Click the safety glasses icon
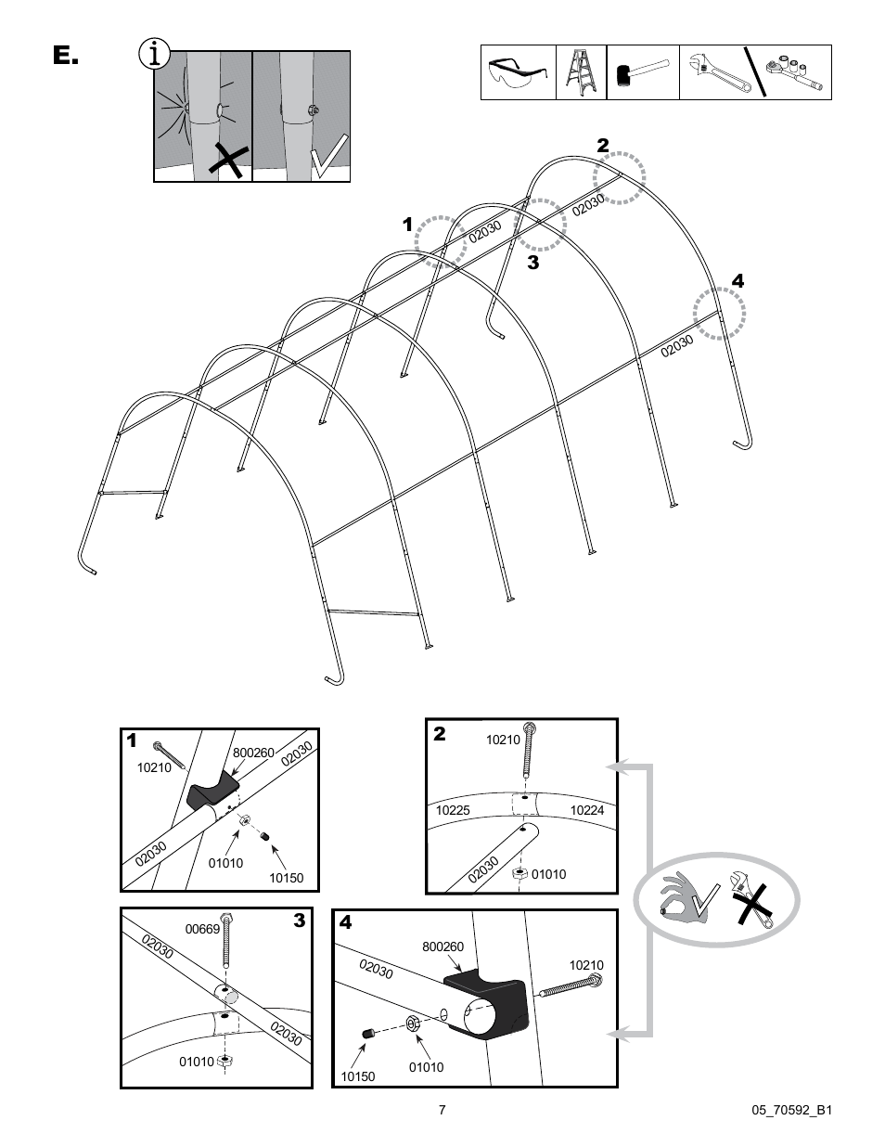518,72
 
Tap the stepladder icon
581,72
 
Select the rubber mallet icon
642,72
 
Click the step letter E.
65,57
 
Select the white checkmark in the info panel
327,156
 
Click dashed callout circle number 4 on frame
721,314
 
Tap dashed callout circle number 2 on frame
619,176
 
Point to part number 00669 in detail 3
201,928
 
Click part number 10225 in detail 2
453,810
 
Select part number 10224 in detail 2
586,810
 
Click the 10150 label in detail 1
286,878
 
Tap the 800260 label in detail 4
442,946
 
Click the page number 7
442,1109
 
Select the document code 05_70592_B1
788,1110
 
